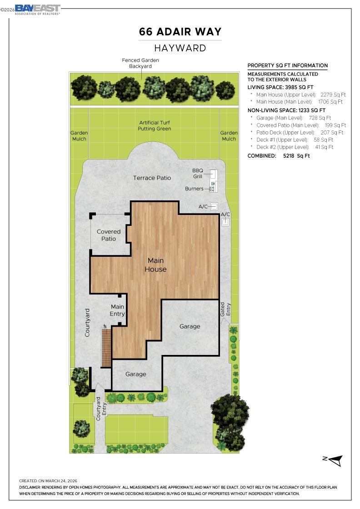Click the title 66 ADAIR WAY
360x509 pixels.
(180, 32)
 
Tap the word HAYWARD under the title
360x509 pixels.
(180, 48)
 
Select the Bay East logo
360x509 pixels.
(37, 9)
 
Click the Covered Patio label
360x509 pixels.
(109, 235)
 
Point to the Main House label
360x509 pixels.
(155, 264)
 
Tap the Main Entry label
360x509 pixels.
(117, 310)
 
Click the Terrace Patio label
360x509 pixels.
(152, 178)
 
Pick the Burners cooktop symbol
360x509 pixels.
(212, 189)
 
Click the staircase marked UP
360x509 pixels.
(106, 348)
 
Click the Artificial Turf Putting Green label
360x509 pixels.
(155, 125)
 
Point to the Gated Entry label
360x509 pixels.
(225, 309)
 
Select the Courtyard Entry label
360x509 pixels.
(101, 405)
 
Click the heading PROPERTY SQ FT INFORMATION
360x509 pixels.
(287, 65)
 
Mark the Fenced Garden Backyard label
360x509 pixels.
(140, 63)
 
